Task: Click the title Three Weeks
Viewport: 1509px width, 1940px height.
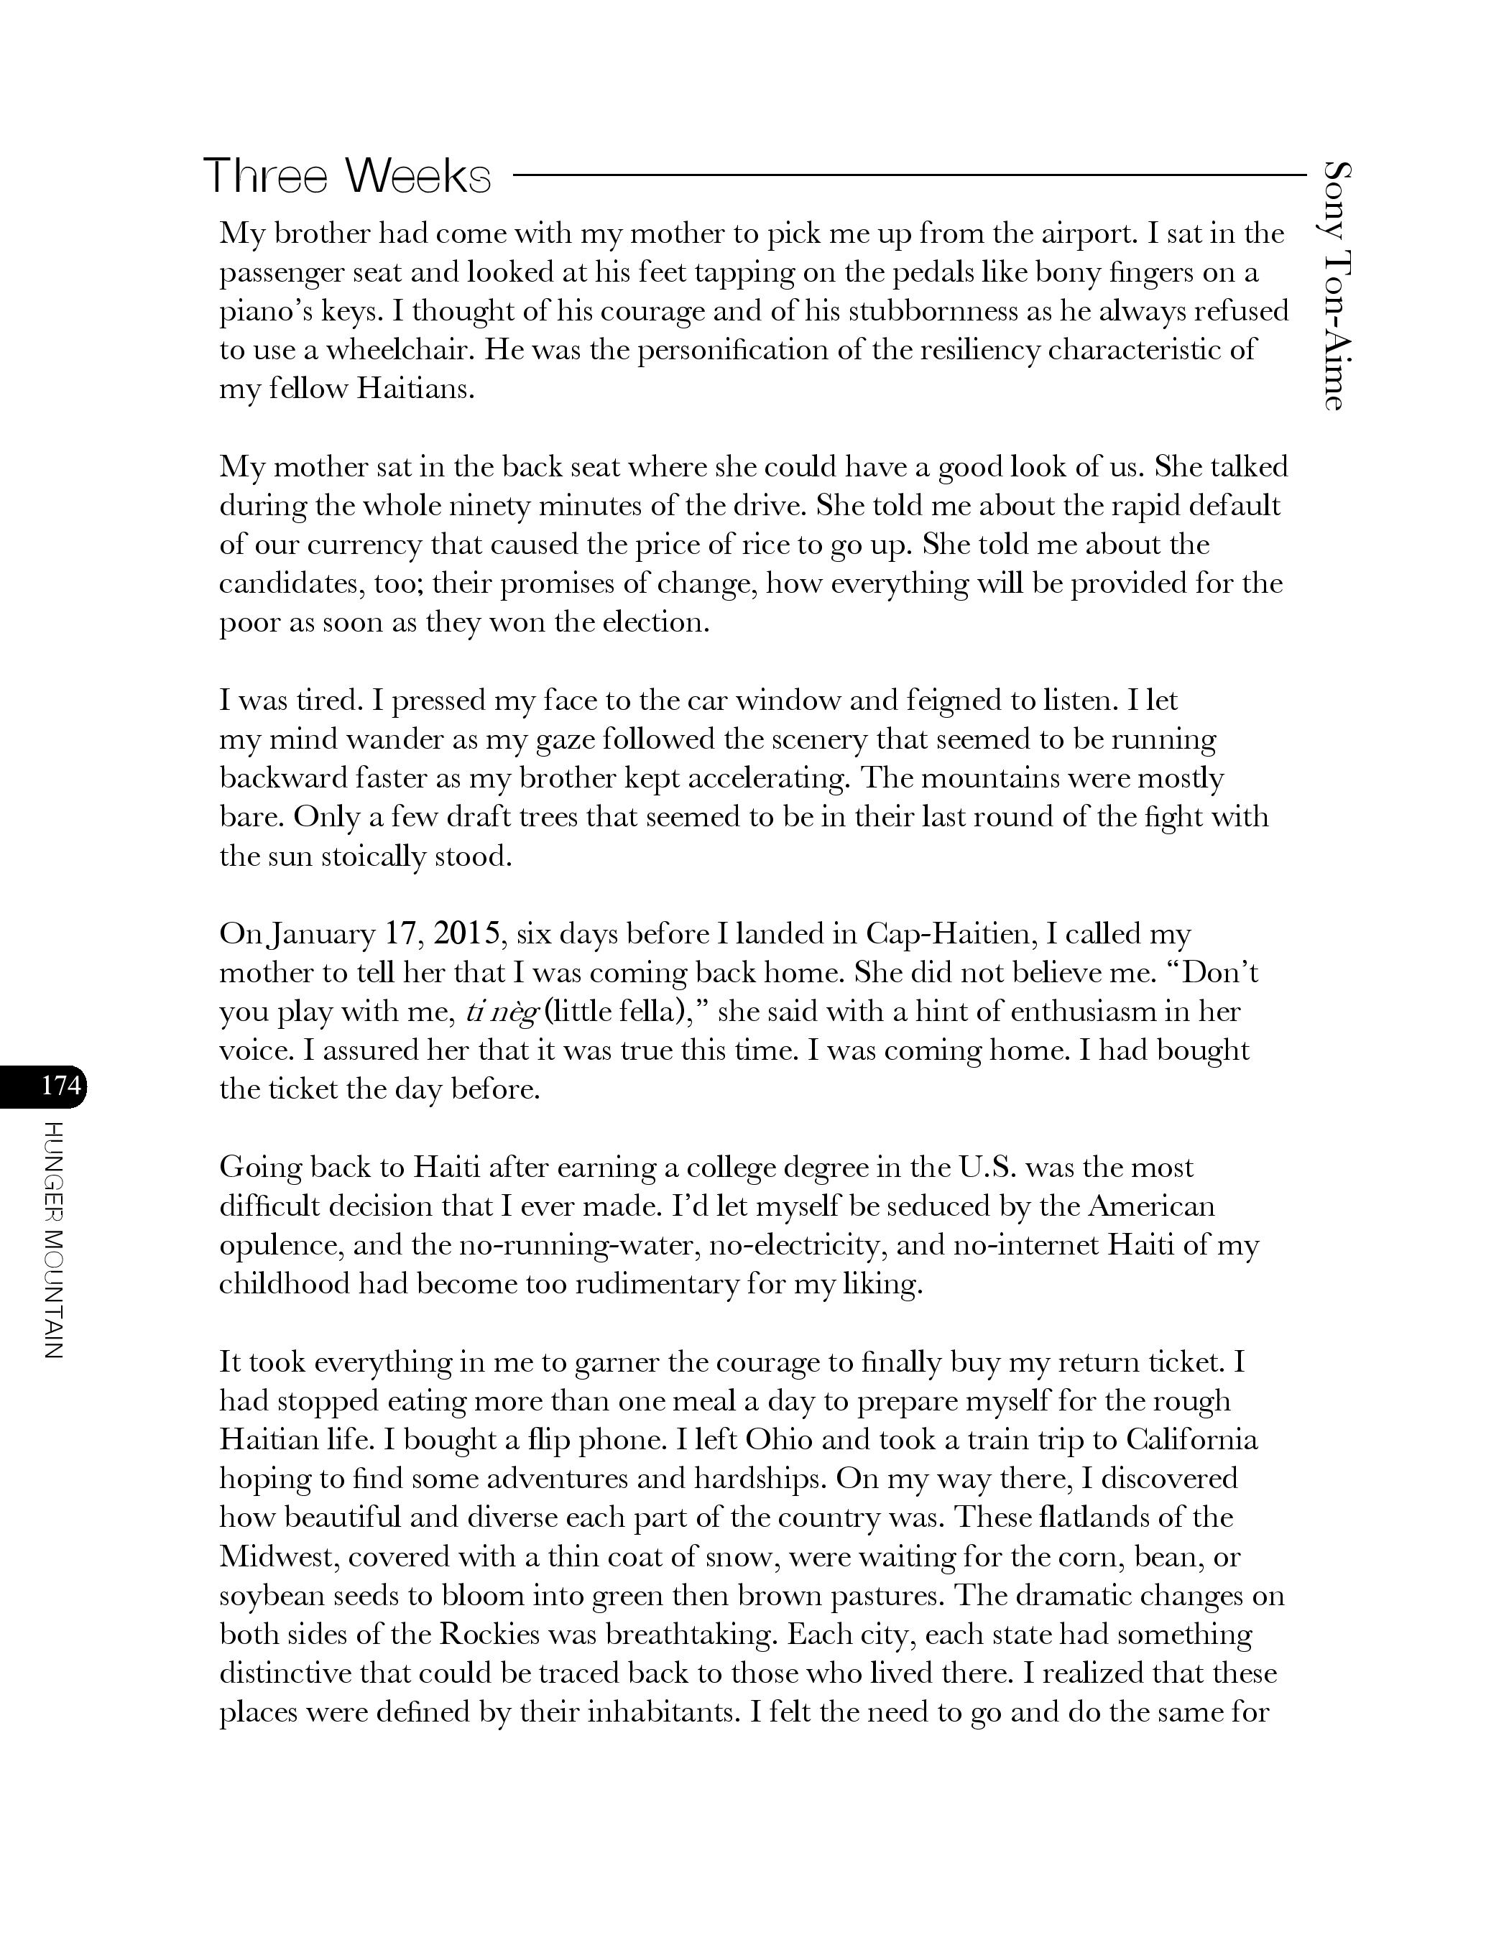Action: tap(346, 176)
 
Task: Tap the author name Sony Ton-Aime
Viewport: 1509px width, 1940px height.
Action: tap(1335, 285)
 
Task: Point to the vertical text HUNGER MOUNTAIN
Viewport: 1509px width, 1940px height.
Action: tap(53, 1239)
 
